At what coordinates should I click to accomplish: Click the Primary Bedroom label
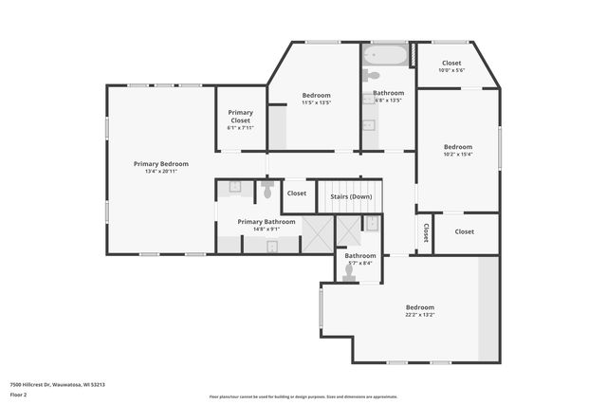(160, 163)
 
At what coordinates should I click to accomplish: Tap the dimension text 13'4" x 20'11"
(160, 171)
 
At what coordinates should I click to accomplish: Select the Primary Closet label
(241, 117)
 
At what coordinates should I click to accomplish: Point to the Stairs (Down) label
(351, 196)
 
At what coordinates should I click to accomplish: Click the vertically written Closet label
(426, 232)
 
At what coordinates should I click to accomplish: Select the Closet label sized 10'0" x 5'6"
(451, 63)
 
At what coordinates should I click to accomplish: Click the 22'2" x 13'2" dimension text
(420, 315)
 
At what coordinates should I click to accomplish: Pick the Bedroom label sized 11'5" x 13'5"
(316, 95)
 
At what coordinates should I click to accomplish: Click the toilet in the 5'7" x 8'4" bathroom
(349, 271)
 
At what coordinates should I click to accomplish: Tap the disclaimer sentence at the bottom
(303, 397)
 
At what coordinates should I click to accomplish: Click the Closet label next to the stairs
(297, 193)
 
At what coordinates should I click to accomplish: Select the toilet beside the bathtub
(373, 74)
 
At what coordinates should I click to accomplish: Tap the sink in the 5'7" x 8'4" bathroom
(372, 224)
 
